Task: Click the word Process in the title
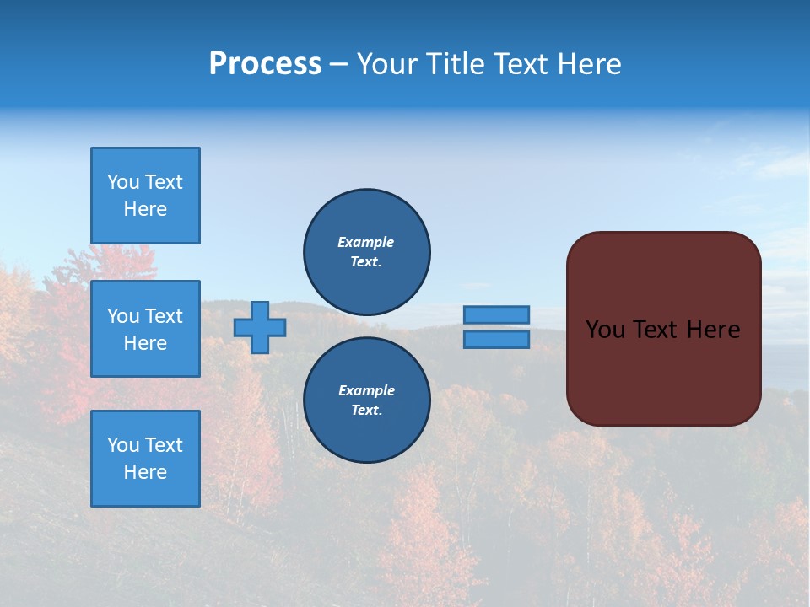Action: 265,64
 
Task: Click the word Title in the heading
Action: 452,64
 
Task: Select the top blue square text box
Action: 145,196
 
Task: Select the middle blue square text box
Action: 145,329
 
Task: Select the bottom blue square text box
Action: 145,459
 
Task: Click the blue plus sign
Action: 260,327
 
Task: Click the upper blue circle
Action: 367,251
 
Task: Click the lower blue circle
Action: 367,400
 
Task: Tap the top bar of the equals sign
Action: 496,314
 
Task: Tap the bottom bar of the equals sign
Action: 496,339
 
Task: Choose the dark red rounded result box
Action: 663,371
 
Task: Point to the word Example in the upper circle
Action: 365,242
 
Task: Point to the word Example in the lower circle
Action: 366,390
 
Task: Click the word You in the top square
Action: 123,182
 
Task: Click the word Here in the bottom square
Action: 145,472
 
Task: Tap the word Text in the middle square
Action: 163,316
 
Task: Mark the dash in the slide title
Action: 338,64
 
